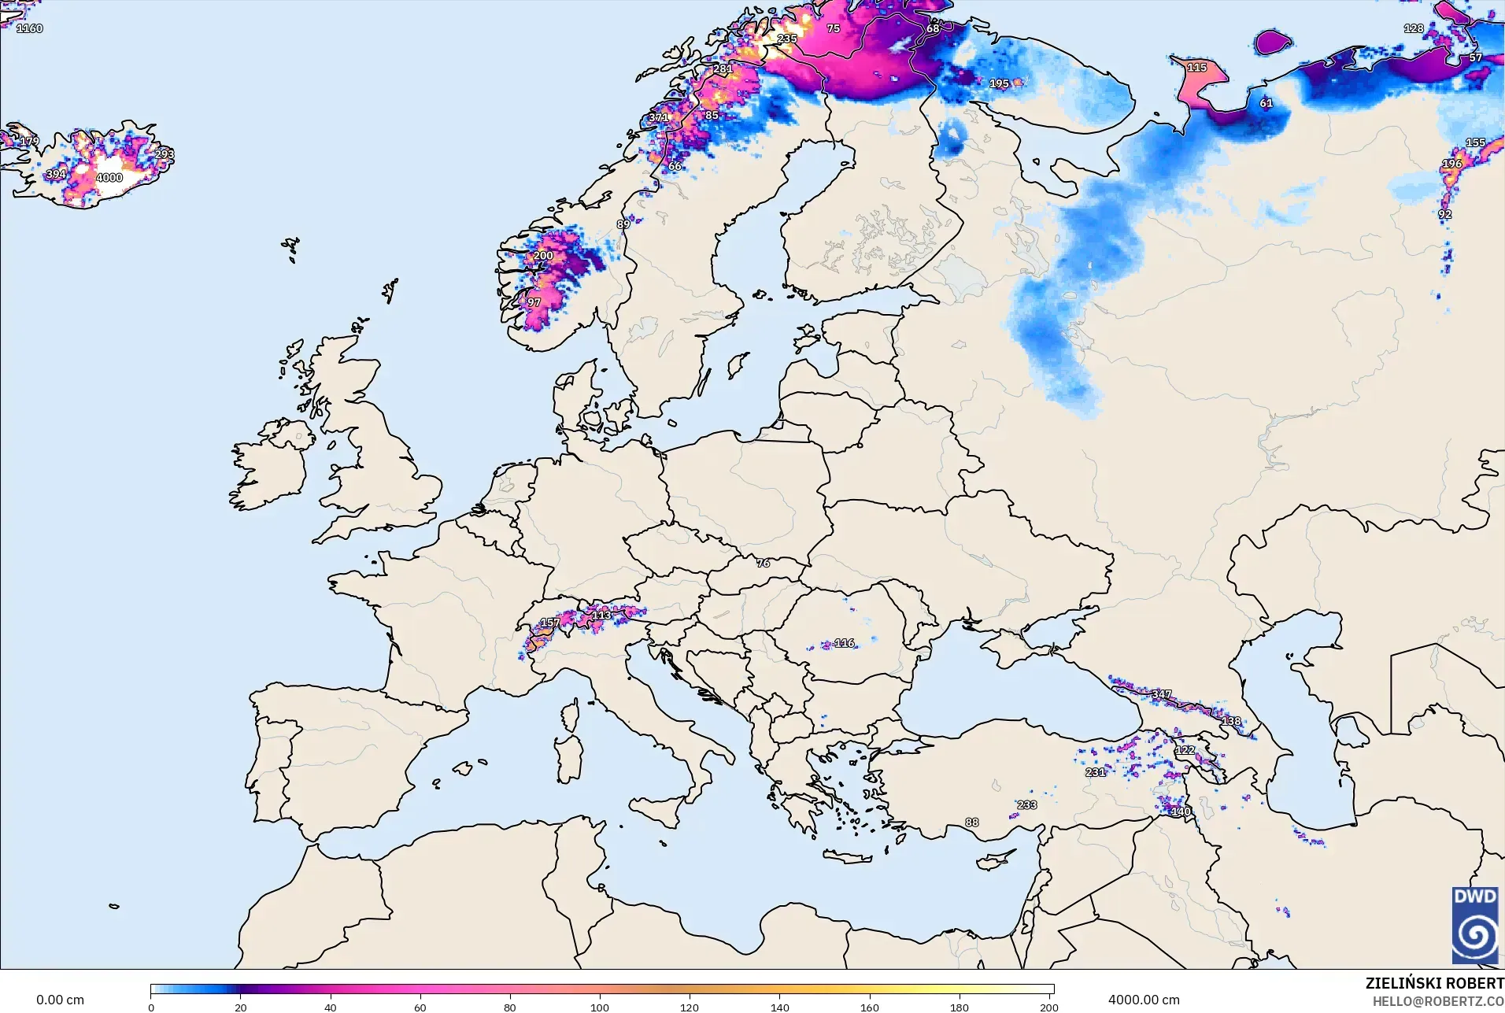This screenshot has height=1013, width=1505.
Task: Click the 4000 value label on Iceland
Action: pos(109,178)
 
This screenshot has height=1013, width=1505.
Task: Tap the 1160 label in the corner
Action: pos(30,28)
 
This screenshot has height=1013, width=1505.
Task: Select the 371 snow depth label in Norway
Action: pos(658,118)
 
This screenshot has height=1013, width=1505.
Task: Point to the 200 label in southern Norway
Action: pos(543,256)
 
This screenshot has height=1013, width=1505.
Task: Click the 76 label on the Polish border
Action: pos(763,563)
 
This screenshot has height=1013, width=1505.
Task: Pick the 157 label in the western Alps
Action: pos(549,623)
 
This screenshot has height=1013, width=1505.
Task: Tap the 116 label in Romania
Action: pos(844,643)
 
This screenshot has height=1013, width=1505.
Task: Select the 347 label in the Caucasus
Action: pos(1161,694)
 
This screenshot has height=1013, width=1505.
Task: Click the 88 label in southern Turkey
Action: pos(972,823)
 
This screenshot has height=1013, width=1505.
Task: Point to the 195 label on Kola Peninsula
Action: pos(999,83)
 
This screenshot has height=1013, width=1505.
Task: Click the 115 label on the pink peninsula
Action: pos(1196,68)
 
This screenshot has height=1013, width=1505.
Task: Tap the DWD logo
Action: pos(1475,925)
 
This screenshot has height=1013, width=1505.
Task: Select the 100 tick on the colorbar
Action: pos(600,1007)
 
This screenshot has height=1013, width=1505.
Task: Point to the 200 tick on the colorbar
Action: pos(1048,1007)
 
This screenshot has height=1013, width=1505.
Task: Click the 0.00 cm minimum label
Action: pos(60,1000)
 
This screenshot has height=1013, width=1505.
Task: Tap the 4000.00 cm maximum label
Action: pos(1144,1000)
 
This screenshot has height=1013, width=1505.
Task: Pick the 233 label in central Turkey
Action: pos(1026,805)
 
